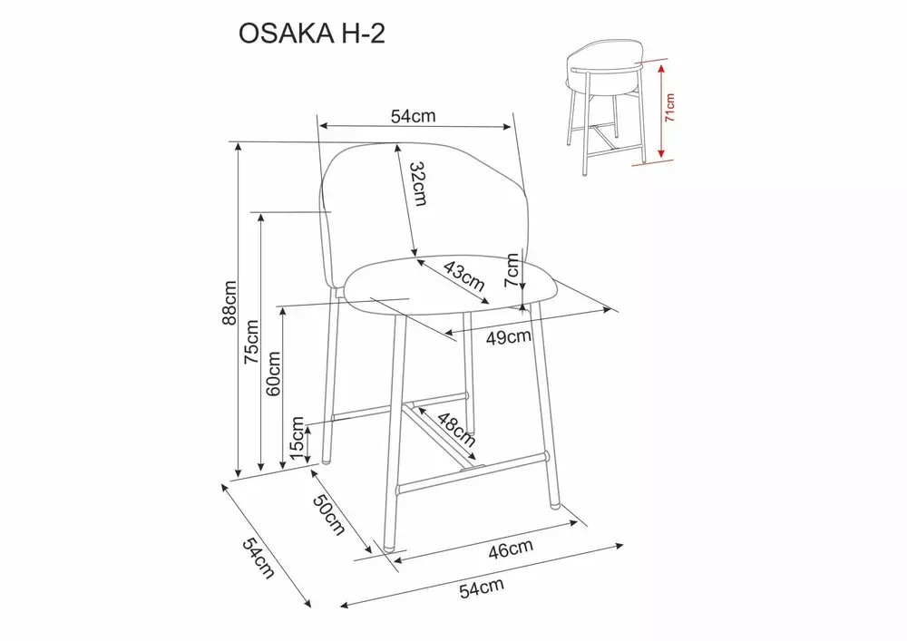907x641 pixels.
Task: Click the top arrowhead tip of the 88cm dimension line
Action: (x=238, y=142)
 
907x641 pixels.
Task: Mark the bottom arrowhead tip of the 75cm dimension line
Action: (x=261, y=470)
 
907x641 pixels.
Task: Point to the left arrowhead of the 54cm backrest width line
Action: (x=322, y=125)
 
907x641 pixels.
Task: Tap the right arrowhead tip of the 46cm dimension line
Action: (x=579, y=523)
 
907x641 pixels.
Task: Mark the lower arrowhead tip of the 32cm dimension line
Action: (x=414, y=256)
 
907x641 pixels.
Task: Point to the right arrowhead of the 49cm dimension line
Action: (x=611, y=309)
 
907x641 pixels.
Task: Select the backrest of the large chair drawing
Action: (x=425, y=214)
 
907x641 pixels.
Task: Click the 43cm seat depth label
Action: (x=463, y=275)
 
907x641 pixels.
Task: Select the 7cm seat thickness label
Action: (x=512, y=270)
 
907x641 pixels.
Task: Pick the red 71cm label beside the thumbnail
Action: (x=670, y=108)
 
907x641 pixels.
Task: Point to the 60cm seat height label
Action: (x=273, y=374)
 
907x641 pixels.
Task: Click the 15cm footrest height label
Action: (x=297, y=438)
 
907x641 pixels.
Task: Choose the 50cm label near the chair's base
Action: (x=328, y=515)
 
